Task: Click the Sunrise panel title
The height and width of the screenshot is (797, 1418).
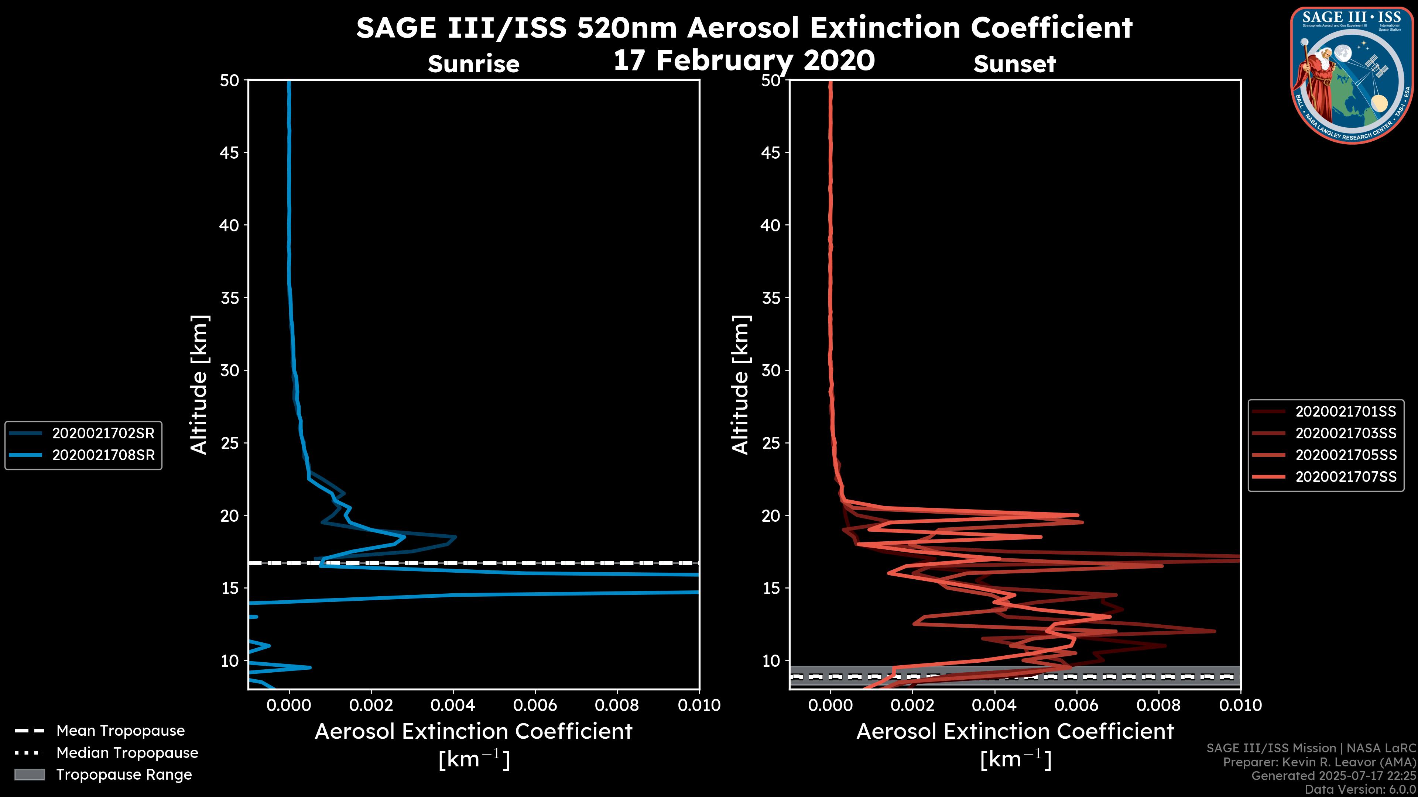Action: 473,64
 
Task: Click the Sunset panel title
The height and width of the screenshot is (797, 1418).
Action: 1014,64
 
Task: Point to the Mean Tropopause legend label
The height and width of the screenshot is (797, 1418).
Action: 120,731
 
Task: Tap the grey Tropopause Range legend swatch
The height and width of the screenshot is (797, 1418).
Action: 29,774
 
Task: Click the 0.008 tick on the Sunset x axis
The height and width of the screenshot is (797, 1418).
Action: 1159,705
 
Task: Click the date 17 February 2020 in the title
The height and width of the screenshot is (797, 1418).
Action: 744,61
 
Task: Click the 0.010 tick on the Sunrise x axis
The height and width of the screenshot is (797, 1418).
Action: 699,705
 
